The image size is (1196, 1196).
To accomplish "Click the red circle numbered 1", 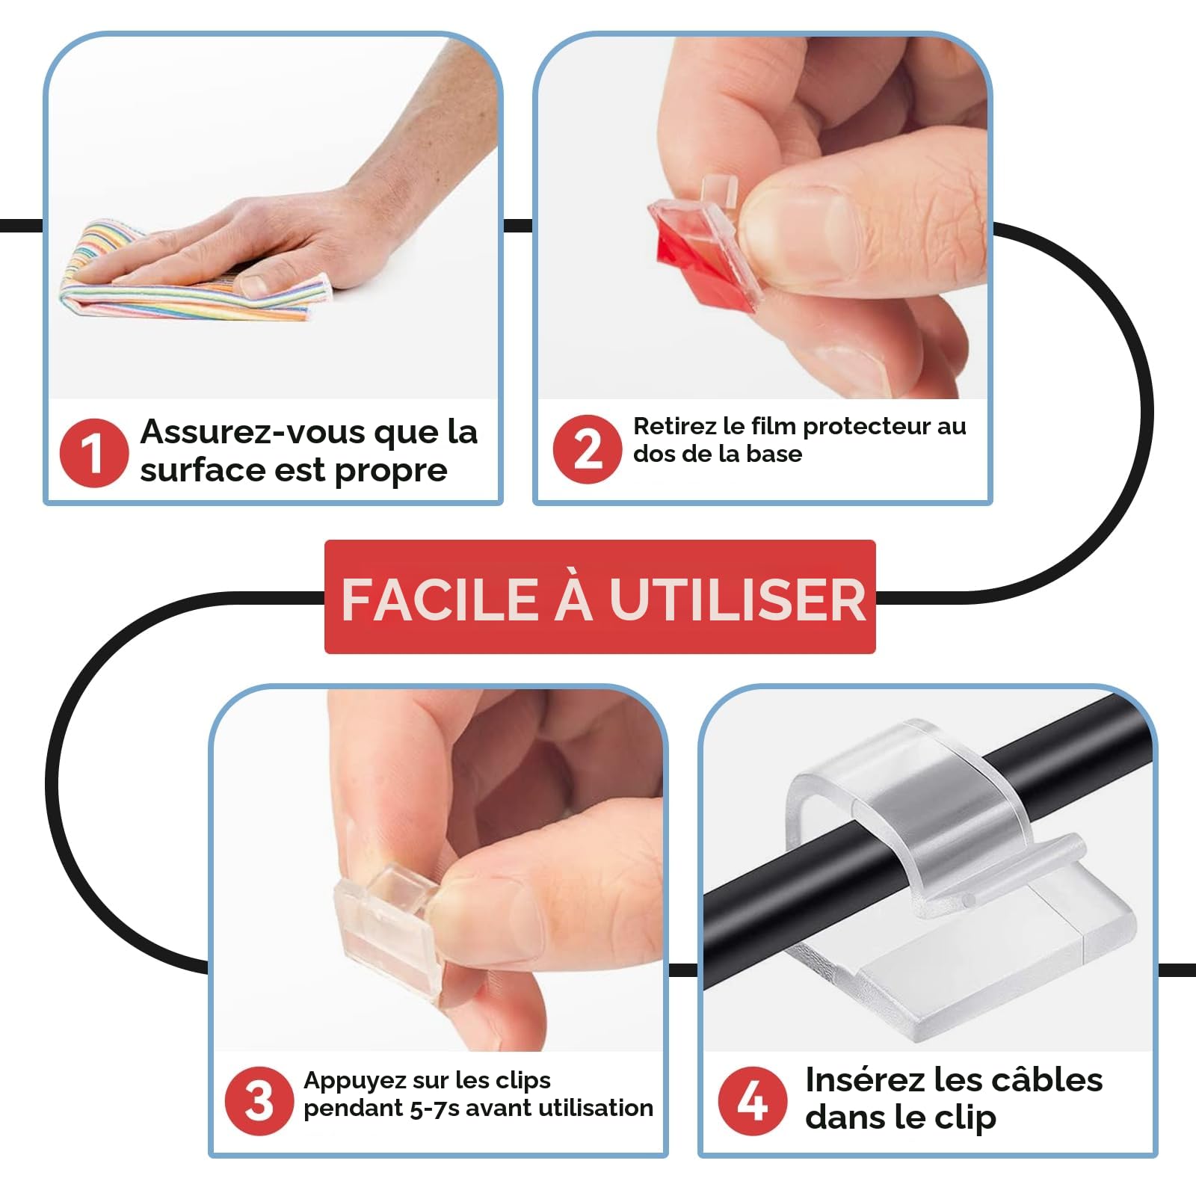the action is pyautogui.click(x=94, y=452).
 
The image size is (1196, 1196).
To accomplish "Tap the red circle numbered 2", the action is pyautogui.click(x=588, y=449).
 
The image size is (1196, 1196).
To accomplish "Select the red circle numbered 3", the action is pyautogui.click(x=259, y=1101).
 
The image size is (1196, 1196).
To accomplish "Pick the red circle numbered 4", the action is pyautogui.click(x=752, y=1101).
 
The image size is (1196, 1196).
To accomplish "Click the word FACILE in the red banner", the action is pyautogui.click(x=440, y=599).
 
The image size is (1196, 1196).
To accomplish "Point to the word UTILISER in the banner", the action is pyautogui.click(x=737, y=599).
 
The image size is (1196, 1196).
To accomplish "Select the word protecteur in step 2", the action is pyautogui.click(x=858, y=427).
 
